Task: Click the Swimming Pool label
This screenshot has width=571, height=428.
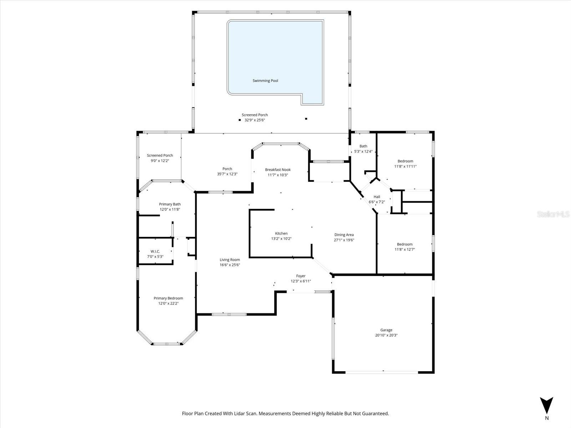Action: [265, 81]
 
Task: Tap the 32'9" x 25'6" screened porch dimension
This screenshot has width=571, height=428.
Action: [254, 120]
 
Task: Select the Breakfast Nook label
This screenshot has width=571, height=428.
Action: [278, 170]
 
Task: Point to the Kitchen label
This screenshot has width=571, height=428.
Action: [281, 234]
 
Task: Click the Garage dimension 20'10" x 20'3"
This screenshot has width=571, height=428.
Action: [386, 335]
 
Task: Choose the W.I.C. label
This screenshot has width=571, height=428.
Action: [155, 251]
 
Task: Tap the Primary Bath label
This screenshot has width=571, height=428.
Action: [170, 204]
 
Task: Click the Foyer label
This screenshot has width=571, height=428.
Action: [301, 276]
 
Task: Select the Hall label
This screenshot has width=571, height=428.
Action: [377, 197]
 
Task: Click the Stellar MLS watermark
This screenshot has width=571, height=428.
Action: [553, 214]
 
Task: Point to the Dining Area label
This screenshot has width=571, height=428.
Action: [344, 235]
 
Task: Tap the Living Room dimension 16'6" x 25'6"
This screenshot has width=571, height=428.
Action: [230, 265]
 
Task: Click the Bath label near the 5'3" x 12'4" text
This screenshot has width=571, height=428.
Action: [363, 146]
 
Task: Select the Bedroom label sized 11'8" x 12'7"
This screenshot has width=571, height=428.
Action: [405, 244]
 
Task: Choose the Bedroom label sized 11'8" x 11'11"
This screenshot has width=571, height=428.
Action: [405, 161]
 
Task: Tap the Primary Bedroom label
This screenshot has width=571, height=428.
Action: [168, 298]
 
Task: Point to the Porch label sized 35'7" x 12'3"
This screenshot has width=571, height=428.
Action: [227, 169]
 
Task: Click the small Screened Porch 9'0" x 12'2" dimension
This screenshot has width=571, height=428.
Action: [160, 161]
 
